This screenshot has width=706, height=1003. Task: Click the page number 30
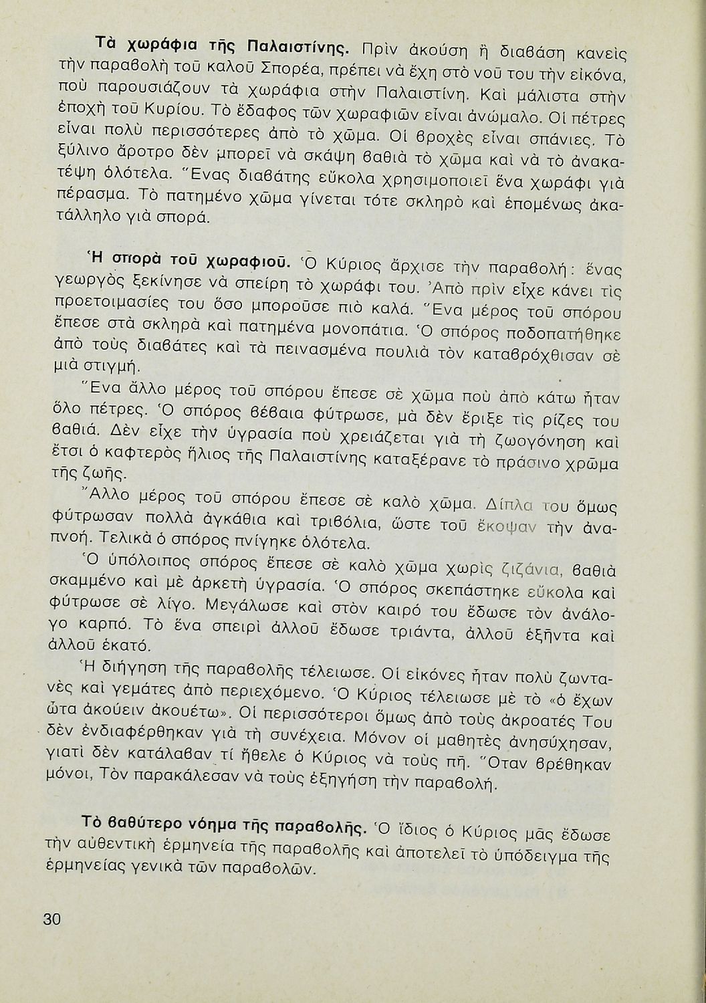point(52,919)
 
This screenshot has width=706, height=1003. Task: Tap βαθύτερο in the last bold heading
point(137,820)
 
